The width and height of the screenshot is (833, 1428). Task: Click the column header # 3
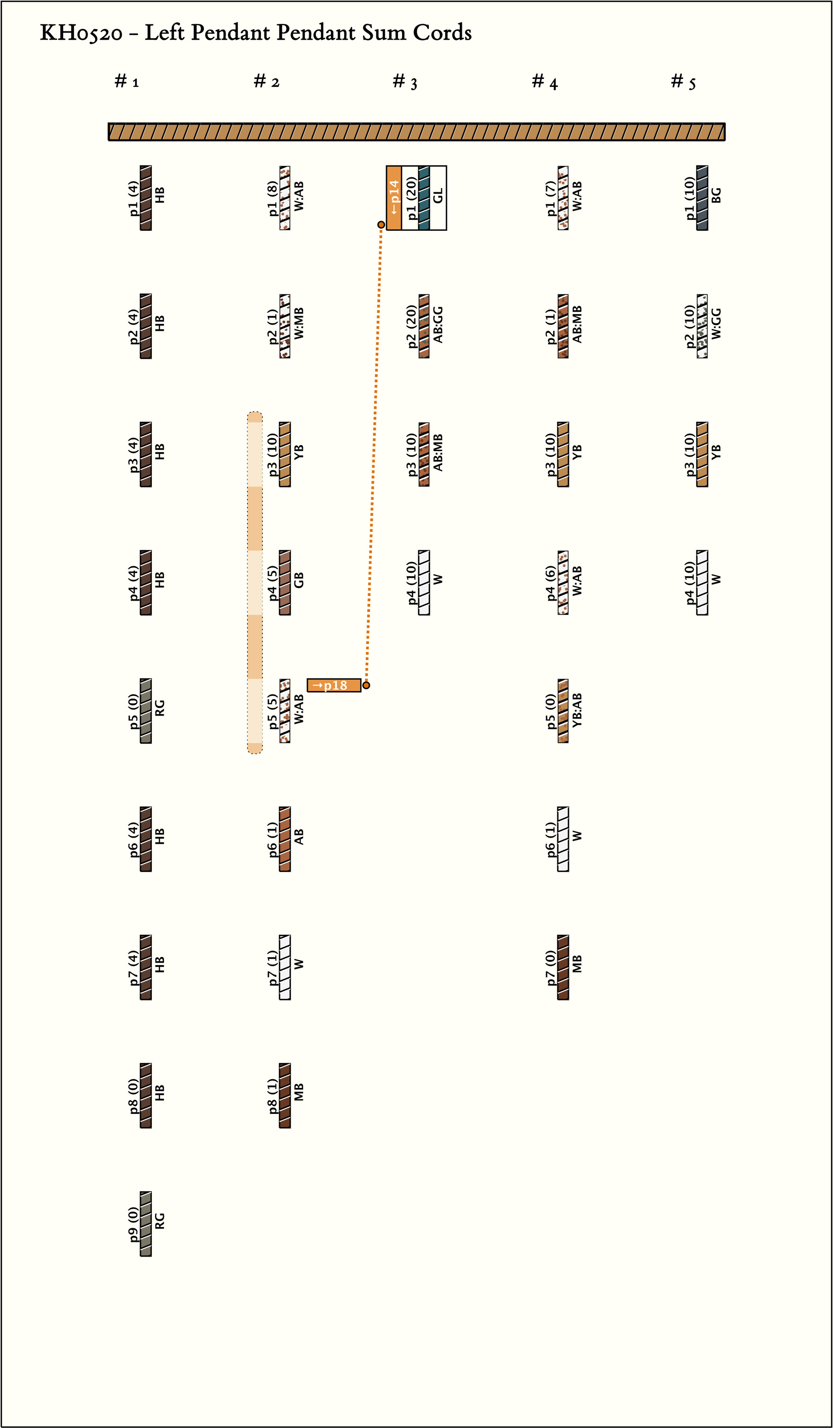(x=405, y=82)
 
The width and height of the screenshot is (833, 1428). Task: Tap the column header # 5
(x=683, y=82)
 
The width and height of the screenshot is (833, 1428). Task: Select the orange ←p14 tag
(x=394, y=198)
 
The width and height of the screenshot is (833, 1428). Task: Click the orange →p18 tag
(x=334, y=685)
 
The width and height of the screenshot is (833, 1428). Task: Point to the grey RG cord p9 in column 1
(x=146, y=1224)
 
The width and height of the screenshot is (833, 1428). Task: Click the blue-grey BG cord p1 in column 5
(x=702, y=198)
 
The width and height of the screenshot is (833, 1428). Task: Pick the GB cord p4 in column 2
(x=285, y=582)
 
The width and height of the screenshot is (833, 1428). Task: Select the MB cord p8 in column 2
(x=285, y=1095)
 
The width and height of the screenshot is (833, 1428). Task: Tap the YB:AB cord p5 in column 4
(x=563, y=711)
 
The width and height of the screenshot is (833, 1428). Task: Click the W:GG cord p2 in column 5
(x=702, y=326)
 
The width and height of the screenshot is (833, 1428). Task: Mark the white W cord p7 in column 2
(x=285, y=967)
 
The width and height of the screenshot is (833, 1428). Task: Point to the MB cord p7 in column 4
(x=563, y=967)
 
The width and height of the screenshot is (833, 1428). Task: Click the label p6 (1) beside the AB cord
(x=273, y=839)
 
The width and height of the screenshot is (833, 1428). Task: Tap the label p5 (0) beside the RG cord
(x=133, y=712)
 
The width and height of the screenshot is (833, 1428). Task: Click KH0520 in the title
(x=81, y=33)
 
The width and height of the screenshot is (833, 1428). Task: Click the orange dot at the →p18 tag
(x=366, y=685)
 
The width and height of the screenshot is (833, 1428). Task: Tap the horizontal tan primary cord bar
(x=417, y=132)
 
